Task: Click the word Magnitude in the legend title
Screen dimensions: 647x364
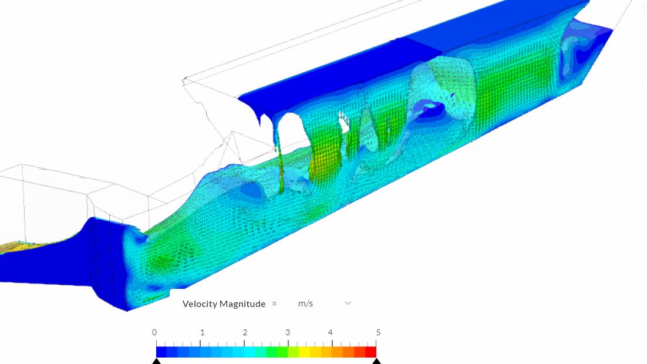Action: [242, 304]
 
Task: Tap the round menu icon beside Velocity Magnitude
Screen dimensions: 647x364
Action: [274, 304]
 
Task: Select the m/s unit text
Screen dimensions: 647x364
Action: [305, 304]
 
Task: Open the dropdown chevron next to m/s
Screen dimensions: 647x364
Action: [348, 304]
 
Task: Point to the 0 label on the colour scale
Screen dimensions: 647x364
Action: [154, 332]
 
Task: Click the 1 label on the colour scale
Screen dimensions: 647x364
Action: [202, 332]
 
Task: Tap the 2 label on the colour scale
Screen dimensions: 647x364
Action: [245, 332]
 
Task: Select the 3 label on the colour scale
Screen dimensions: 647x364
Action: [288, 332]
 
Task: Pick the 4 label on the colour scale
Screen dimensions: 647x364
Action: [330, 332]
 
